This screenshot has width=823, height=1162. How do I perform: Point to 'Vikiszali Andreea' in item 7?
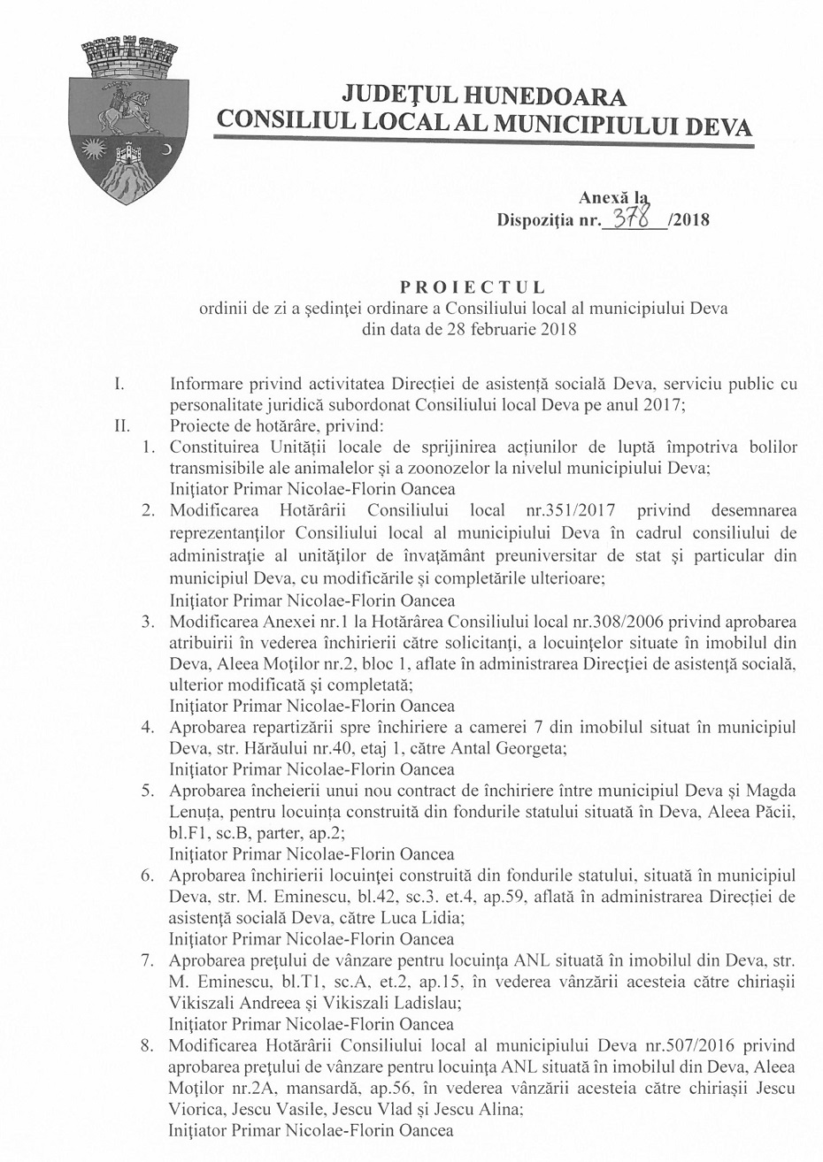tap(225, 1004)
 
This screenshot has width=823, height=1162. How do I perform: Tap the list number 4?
tap(150, 727)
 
